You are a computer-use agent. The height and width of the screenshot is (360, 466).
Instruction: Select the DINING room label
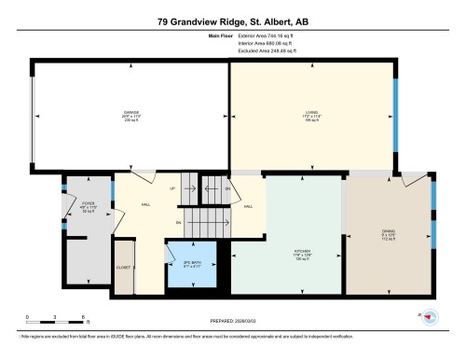[389, 233]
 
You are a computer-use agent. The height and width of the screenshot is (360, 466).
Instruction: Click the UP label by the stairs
[171, 187]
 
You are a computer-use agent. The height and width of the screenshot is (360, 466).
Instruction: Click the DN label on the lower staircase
[179, 223]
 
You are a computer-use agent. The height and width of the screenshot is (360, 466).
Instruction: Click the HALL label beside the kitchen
[247, 206]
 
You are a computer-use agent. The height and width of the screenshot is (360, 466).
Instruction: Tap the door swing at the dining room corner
[408, 179]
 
